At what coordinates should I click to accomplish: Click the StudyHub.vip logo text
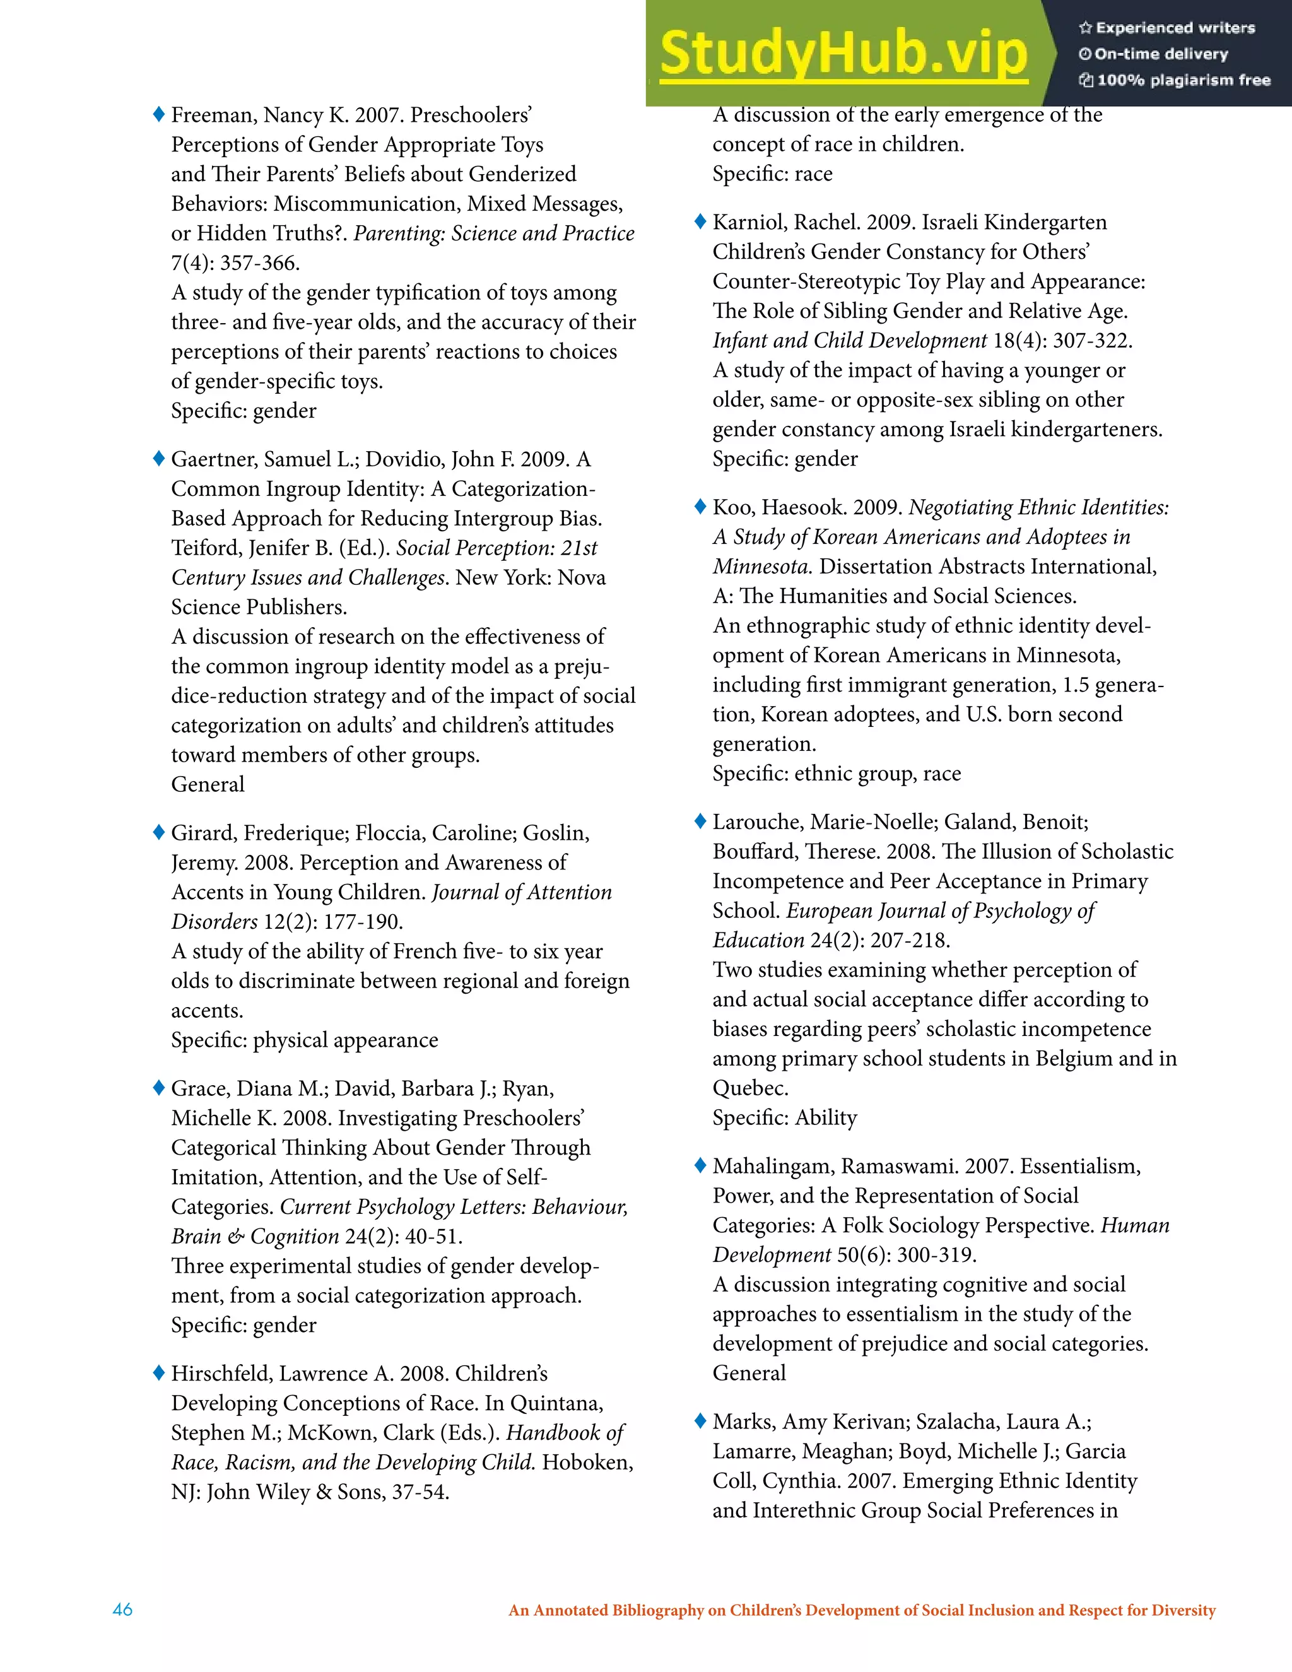tap(843, 54)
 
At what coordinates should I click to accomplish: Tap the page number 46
tap(122, 1610)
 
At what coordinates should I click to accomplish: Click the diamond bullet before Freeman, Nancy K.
tap(159, 115)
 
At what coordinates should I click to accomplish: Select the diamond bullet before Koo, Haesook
tap(700, 507)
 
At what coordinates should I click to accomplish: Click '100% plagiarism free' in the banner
tap(1183, 80)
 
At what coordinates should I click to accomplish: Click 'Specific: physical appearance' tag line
tap(305, 1040)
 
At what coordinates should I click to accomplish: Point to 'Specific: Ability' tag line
tap(785, 1118)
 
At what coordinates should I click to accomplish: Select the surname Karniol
tap(748, 222)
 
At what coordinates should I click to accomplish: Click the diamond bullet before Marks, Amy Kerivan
tap(700, 1421)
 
